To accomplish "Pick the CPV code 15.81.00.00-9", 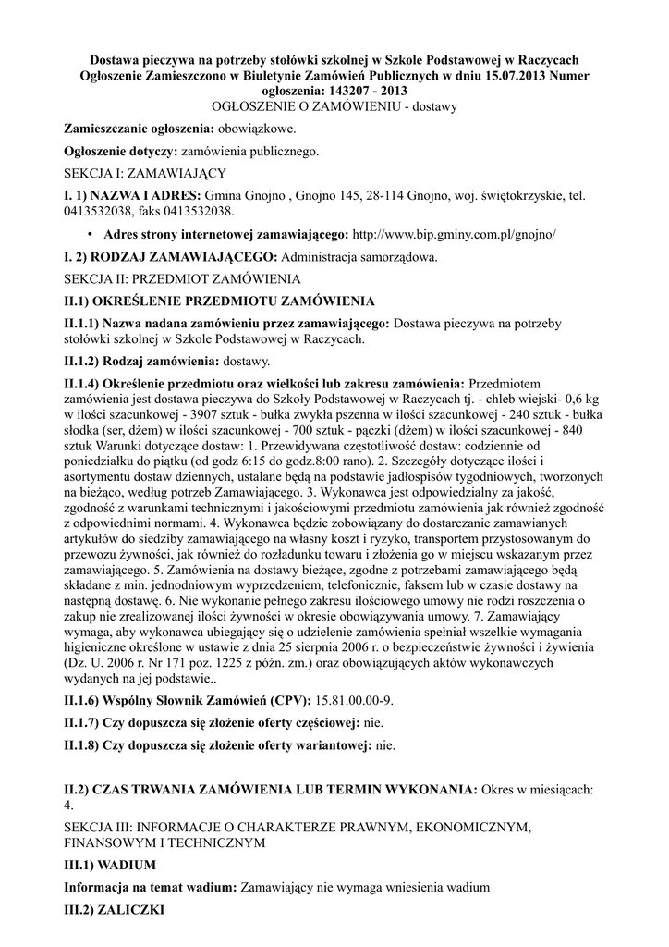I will [355, 700].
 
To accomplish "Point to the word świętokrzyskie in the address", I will [511, 196].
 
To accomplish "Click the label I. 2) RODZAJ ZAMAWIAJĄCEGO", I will [169, 256].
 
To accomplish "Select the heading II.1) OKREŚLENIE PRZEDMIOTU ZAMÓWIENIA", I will [218, 301].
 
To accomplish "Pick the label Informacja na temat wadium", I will [150, 887].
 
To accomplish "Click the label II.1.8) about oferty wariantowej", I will [218, 744].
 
